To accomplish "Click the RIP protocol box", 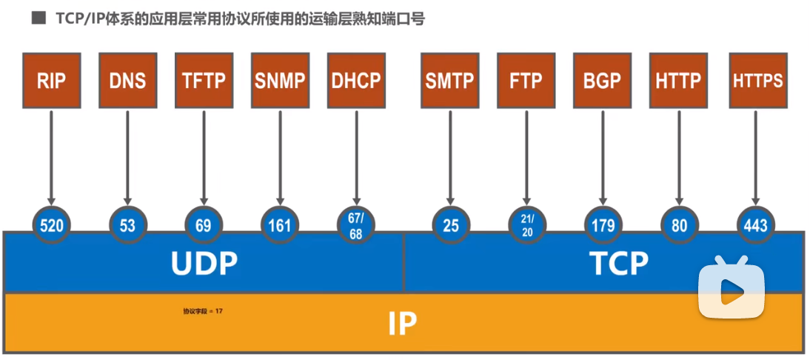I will click(52, 81).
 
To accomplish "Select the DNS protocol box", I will click(127, 81).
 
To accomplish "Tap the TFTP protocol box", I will click(204, 81).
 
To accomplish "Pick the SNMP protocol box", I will click(280, 81).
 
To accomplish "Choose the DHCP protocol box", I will click(356, 81).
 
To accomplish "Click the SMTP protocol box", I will click(449, 81).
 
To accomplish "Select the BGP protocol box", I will click(602, 81).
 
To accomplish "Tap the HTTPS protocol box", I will click(757, 81).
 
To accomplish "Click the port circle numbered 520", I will click(52, 225).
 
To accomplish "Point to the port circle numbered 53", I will click(128, 225).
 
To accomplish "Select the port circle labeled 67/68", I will click(356, 225).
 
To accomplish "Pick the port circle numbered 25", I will click(450, 225).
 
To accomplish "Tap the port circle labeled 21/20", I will click(527, 225).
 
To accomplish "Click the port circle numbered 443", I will click(756, 225).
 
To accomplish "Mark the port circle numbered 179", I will click(603, 225).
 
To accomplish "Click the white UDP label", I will click(204, 264).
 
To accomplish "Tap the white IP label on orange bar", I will click(402, 323).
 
